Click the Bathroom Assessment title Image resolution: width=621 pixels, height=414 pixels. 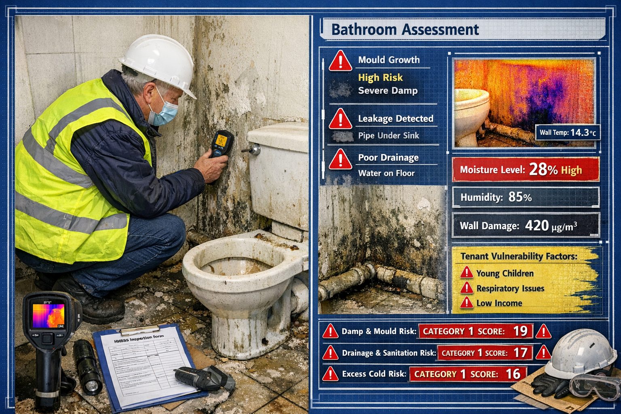point(405,30)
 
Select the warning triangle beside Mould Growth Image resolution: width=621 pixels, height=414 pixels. point(340,61)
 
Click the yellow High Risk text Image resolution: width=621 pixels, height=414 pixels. point(380,77)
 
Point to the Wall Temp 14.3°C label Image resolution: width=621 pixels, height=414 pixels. point(568,132)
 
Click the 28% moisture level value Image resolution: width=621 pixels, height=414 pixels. point(543,169)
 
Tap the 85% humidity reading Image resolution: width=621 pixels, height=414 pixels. point(520,197)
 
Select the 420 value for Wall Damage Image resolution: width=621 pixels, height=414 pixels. point(537,226)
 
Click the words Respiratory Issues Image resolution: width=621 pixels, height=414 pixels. point(510,288)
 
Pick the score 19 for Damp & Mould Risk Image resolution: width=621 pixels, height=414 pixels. point(520,331)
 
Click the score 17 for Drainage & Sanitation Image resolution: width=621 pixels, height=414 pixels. point(520,353)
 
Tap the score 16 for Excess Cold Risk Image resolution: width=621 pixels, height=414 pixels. point(513,374)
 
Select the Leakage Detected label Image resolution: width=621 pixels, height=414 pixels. point(395,118)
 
